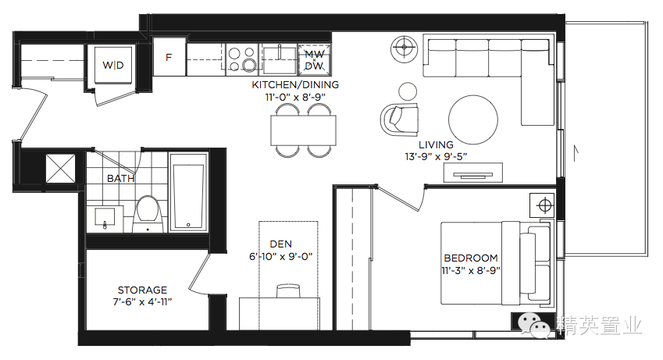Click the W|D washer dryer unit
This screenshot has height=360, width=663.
113,65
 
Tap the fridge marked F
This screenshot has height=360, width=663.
169,57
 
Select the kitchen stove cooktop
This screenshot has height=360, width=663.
242,59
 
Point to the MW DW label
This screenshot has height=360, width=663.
315,60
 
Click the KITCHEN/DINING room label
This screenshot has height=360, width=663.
295,84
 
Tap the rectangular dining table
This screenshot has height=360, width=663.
304,130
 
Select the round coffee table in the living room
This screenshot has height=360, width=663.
473,119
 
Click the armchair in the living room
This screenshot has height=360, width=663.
400,119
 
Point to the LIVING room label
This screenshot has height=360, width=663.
436,144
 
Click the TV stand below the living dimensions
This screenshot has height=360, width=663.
473,173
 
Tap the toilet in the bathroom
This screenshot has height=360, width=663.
148,214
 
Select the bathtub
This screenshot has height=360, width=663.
188,192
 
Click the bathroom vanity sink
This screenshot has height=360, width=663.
105,219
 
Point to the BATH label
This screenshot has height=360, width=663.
120,179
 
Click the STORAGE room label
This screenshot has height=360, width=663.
142,290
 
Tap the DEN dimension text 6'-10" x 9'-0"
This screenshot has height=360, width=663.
281,257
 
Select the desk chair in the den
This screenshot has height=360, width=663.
288,290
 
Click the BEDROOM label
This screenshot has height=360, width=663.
471,258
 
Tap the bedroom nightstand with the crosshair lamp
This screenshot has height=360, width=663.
544,205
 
